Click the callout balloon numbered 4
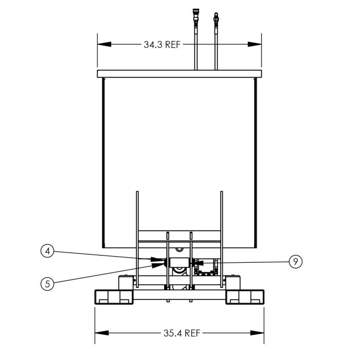tap(47, 251)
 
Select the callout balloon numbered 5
tap(47, 283)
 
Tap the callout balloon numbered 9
tap(294, 262)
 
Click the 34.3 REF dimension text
tap(162, 45)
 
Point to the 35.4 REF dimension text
tap(181, 333)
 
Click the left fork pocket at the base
tap(114, 297)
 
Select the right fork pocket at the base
tap(245, 297)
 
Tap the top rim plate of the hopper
tap(179, 74)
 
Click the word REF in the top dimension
tap(172, 45)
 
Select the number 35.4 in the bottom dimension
tap(172, 333)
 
